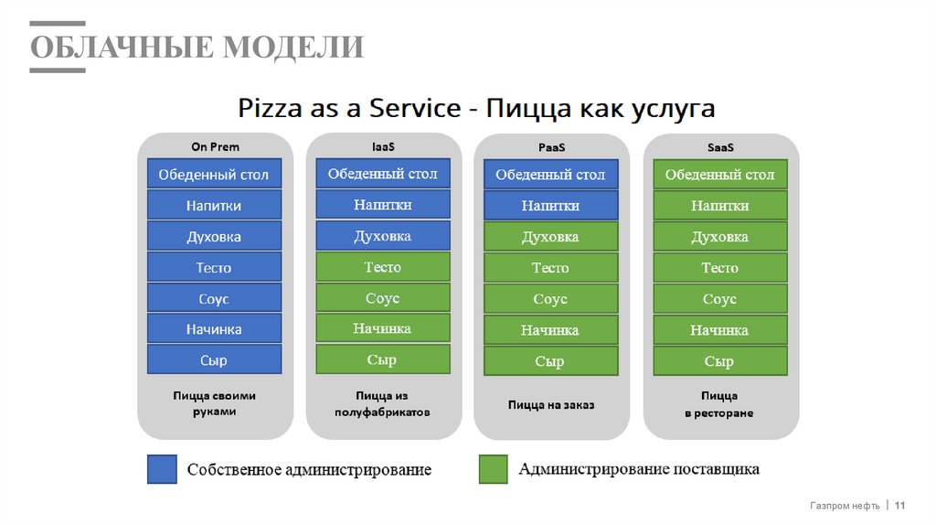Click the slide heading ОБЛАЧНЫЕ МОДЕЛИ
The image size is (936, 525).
197,47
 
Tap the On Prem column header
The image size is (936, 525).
215,146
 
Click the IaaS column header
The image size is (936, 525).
383,145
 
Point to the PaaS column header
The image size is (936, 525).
550,147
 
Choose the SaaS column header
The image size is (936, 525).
720,147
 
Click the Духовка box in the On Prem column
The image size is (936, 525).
214,237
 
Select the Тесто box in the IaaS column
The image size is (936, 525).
383,267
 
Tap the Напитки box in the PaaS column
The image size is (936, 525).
550,206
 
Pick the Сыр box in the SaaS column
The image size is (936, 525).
719,361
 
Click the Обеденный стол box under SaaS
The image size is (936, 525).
719,175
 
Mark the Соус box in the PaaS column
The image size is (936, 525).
550,299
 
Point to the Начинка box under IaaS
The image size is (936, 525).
383,328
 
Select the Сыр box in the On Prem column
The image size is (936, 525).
214,361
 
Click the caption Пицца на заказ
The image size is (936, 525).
550,404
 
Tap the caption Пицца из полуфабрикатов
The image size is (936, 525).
382,404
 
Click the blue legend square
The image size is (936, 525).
162,469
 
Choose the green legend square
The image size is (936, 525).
493,469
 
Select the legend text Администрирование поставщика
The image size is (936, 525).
639,469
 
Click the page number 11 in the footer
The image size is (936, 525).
899,506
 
